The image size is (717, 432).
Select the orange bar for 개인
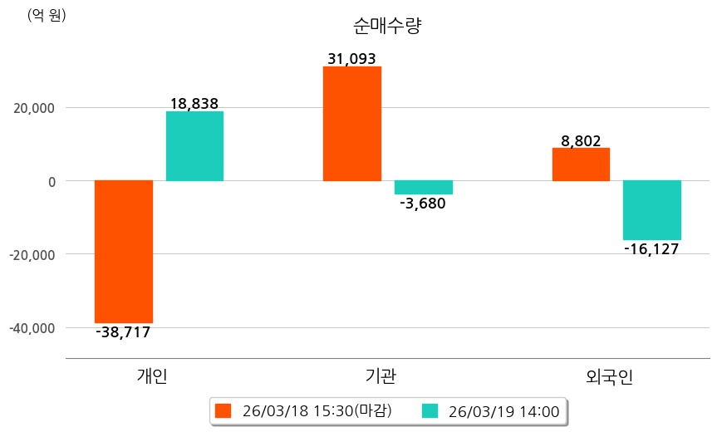click(124, 251)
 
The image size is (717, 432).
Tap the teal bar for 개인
click(194, 146)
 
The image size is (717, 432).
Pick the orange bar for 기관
click(352, 123)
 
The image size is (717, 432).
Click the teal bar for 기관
click(424, 188)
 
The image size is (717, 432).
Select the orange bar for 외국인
click(581, 164)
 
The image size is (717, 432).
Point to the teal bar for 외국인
click(652, 210)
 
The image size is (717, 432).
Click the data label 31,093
click(351, 59)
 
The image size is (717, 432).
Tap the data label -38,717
click(123, 332)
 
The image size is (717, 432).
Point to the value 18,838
click(194, 104)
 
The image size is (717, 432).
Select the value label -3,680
click(423, 204)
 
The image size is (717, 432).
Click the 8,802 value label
click(581, 141)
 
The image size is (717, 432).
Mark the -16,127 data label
click(651, 249)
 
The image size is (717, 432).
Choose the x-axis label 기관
click(381, 376)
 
